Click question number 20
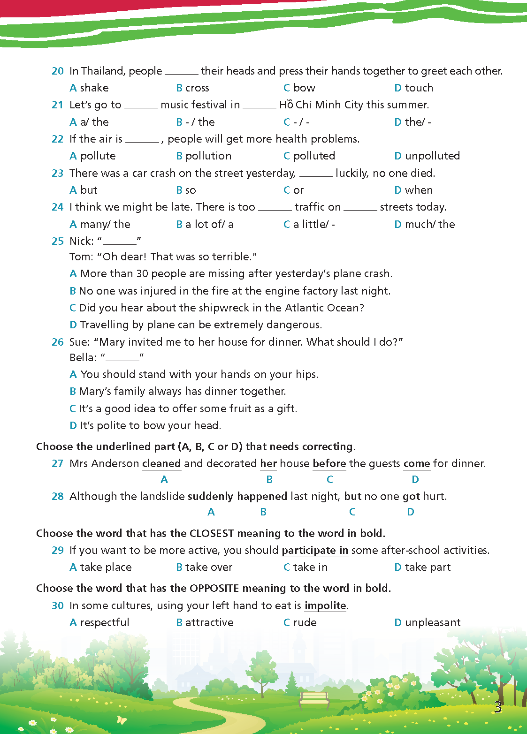click(57, 71)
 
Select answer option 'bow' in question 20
click(304, 88)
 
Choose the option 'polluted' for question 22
click(313, 156)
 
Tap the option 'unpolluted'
click(432, 156)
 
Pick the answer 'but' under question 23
click(88, 190)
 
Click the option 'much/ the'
click(429, 224)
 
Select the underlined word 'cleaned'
click(161, 463)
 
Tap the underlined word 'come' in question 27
click(416, 463)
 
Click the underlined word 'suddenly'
click(210, 496)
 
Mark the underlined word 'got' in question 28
click(411, 496)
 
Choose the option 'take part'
click(427, 567)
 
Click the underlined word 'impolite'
click(325, 605)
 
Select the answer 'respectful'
click(104, 622)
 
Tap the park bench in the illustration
click(314, 700)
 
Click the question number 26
click(57, 342)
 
